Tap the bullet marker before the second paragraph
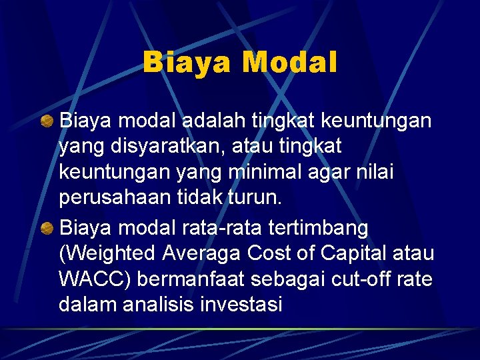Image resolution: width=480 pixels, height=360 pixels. [47, 229]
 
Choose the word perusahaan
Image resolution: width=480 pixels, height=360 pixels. [112, 197]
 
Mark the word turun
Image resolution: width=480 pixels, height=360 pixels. [256, 197]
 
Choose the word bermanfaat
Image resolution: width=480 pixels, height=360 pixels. [197, 279]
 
